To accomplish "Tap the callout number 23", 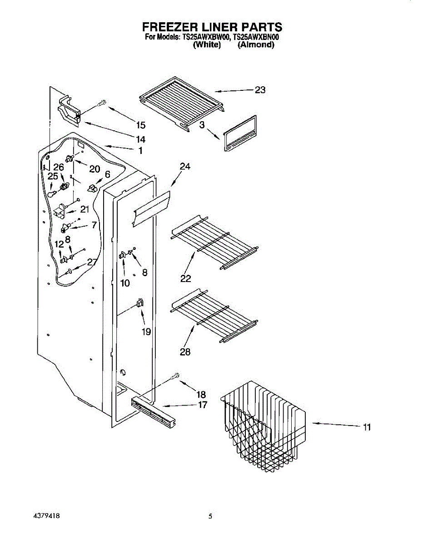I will coord(260,90).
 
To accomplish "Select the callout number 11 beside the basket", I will coord(367,427).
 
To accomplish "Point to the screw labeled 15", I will coord(101,104).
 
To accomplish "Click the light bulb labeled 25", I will coord(52,193).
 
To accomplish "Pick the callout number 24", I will coord(184,166).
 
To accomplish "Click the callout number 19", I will coord(146,332).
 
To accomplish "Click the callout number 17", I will coord(203,405).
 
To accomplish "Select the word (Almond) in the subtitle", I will coord(256,45).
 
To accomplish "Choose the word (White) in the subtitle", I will coord(207,45).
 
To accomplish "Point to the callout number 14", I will coord(140,139).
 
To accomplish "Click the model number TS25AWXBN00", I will coord(256,38).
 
